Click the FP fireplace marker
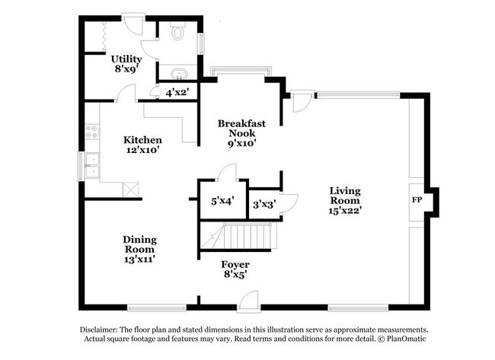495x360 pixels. coord(417,199)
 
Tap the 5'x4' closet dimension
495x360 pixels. coord(222,202)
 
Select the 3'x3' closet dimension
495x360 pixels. coord(264,203)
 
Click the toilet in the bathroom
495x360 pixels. coord(178,32)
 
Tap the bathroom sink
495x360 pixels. coord(177,73)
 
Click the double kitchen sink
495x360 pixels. coord(92,164)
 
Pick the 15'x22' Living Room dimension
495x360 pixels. coord(345,209)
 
